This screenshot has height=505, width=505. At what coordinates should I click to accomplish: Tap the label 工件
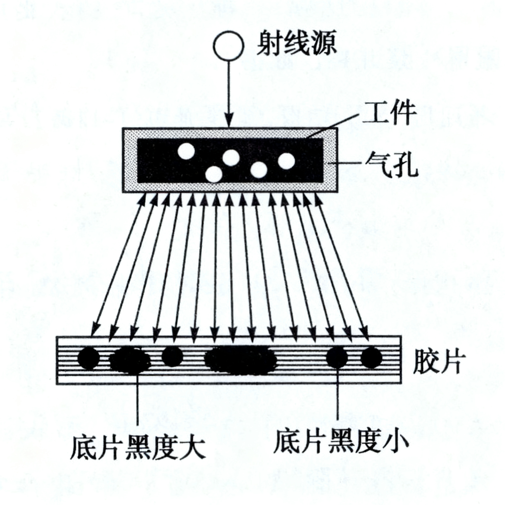pyautogui.click(x=389, y=113)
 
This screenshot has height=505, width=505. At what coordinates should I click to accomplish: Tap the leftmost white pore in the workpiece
pyautogui.click(x=186, y=151)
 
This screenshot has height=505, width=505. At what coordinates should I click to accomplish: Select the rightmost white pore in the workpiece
pyautogui.click(x=287, y=161)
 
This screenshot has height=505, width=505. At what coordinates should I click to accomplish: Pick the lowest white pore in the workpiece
pyautogui.click(x=214, y=174)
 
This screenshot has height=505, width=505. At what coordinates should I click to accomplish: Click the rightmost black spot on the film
pyautogui.click(x=371, y=358)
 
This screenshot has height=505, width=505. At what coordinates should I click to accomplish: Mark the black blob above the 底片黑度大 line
pyautogui.click(x=130, y=361)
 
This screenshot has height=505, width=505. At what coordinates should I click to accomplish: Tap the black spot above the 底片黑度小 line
pyautogui.click(x=337, y=358)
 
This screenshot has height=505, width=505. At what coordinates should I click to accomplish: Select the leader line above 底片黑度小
pyautogui.click(x=338, y=395)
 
